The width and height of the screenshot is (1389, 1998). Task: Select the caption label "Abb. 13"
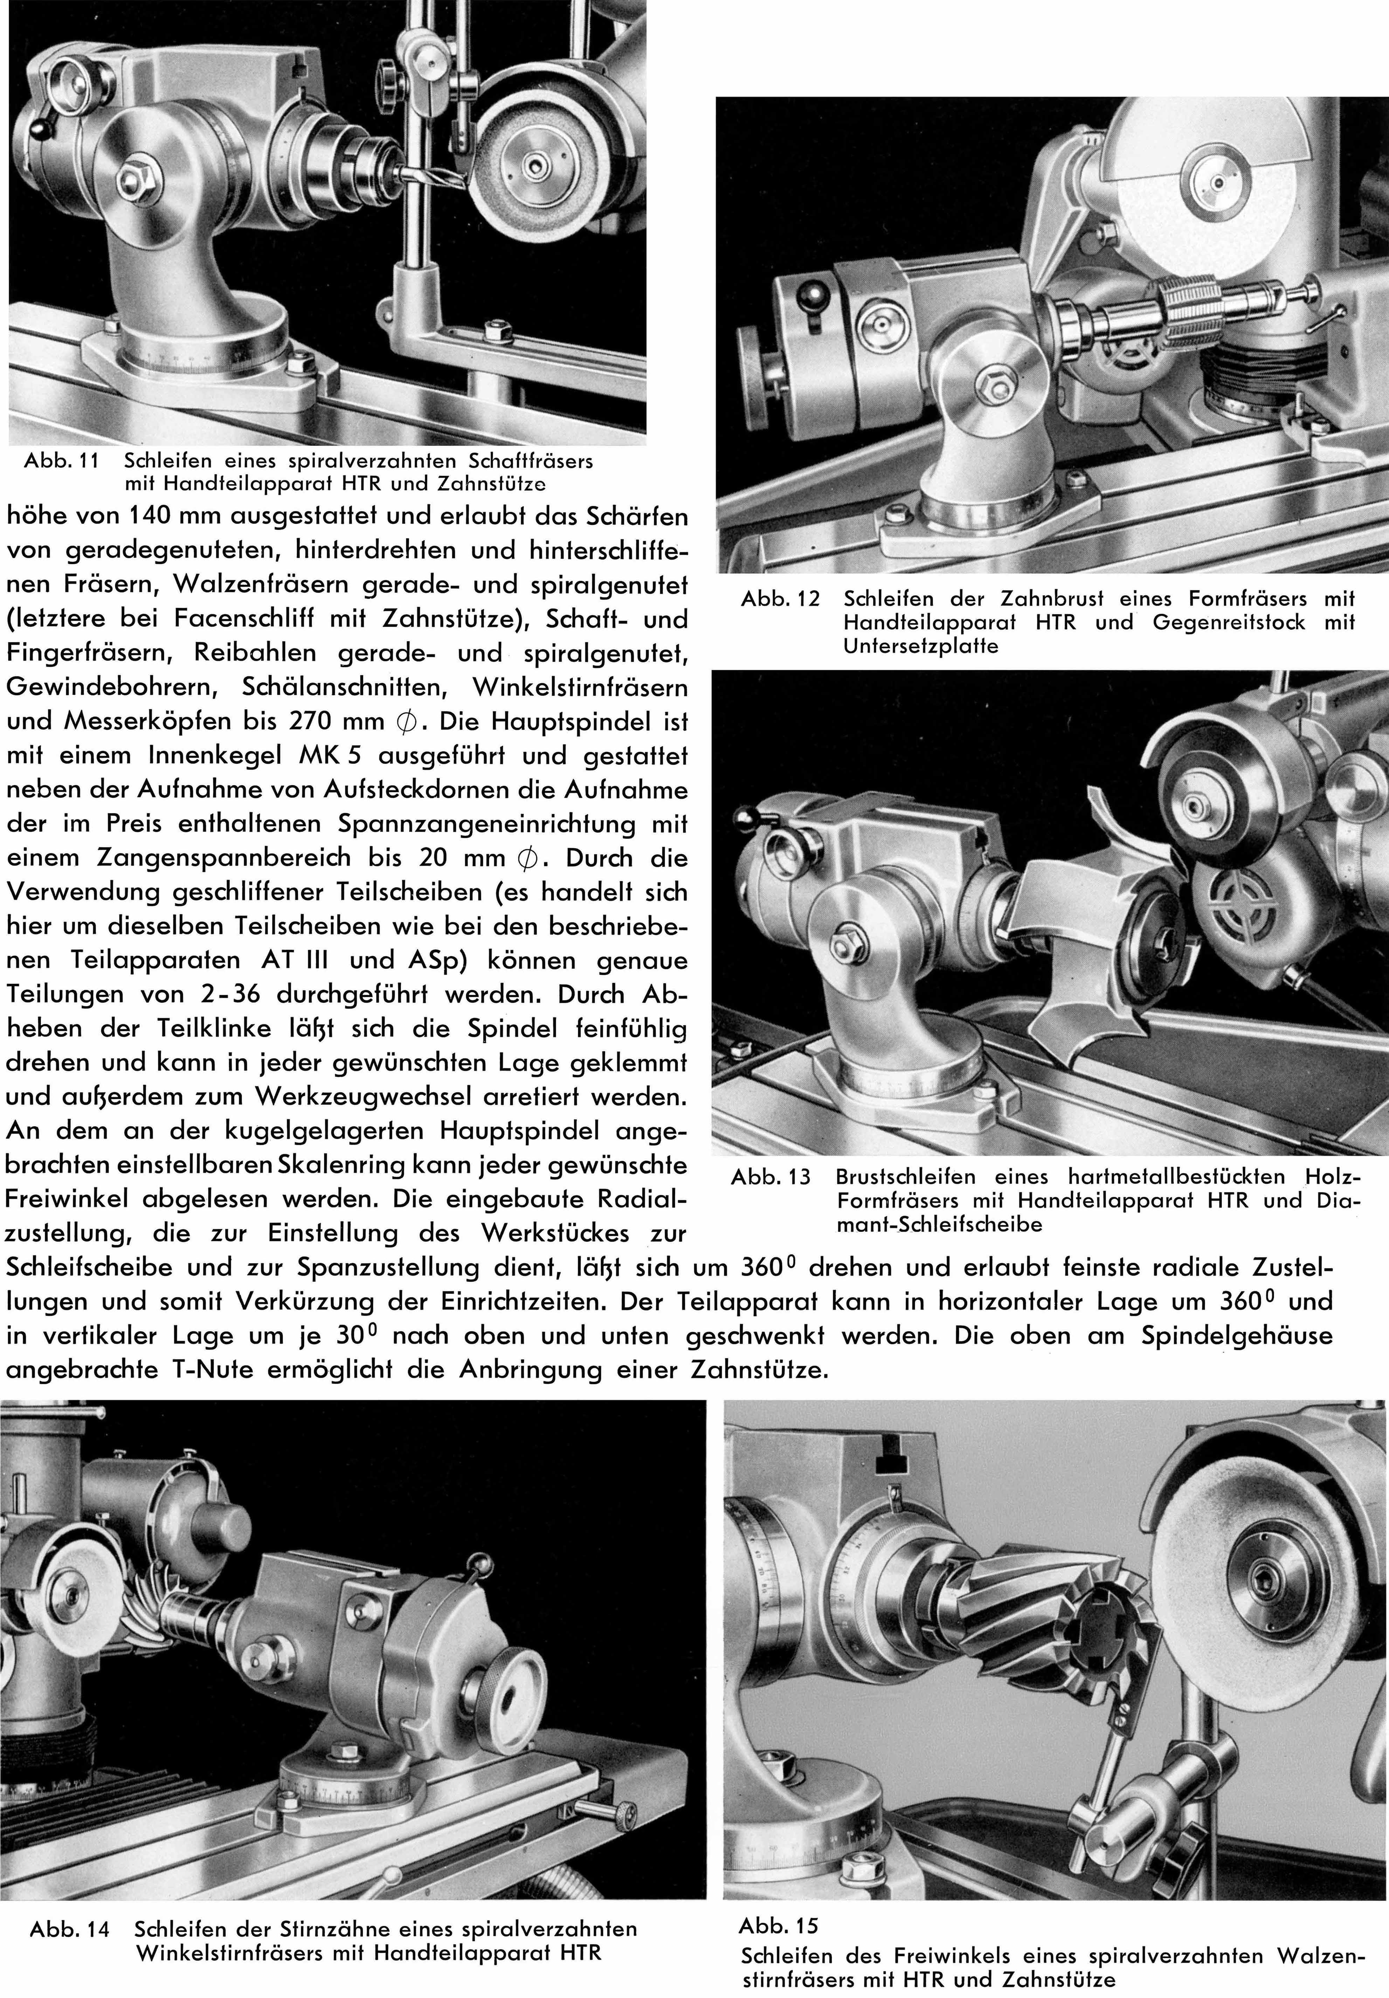pos(770,1177)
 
